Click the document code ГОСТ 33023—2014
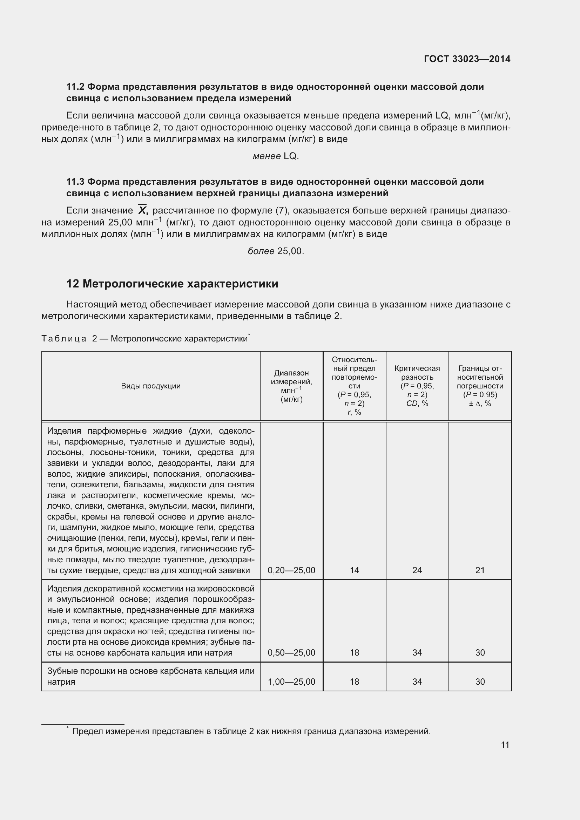click(467, 59)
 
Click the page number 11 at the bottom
click(505, 745)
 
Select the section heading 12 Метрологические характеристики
click(172, 284)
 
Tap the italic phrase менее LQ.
click(275, 156)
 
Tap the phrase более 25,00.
click(275, 251)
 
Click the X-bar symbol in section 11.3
click(142, 210)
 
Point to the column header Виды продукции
click(151, 386)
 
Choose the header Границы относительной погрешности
click(480, 386)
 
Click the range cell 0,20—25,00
click(291, 570)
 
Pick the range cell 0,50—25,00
click(291, 652)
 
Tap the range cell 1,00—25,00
click(291, 682)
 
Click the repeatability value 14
click(354, 570)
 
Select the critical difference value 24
click(417, 570)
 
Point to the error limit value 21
click(480, 570)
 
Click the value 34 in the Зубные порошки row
click(417, 682)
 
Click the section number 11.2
click(75, 87)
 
